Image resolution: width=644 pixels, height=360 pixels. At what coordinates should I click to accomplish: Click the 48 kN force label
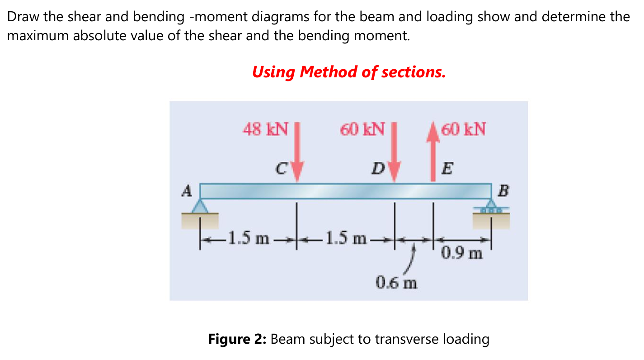click(265, 129)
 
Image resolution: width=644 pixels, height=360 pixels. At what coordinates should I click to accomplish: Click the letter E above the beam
click(447, 169)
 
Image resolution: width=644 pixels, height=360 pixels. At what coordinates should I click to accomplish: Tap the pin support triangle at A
click(199, 207)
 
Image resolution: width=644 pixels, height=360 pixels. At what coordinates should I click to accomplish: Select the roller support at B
click(491, 209)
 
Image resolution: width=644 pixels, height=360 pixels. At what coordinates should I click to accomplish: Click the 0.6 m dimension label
click(396, 284)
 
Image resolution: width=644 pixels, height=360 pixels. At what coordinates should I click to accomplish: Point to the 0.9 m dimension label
click(462, 253)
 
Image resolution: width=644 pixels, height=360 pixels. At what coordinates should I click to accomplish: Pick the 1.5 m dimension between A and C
click(248, 237)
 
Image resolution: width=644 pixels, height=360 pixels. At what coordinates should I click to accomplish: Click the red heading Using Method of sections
click(349, 71)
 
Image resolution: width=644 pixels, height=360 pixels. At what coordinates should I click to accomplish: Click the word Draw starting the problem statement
click(24, 17)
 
